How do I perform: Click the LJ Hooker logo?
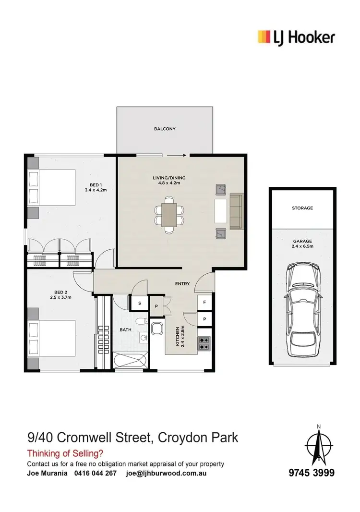coord(296,37)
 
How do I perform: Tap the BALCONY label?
coord(165,129)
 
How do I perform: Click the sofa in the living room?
coord(236,211)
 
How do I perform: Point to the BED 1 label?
coord(96,185)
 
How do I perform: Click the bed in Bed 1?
coord(52,187)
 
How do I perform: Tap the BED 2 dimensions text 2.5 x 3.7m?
coord(61,297)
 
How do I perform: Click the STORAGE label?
coord(302,208)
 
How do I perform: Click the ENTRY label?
coord(182,284)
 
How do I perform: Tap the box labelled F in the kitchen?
coord(204,302)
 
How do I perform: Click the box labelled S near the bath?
coord(139,303)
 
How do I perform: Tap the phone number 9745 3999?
coord(312,473)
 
